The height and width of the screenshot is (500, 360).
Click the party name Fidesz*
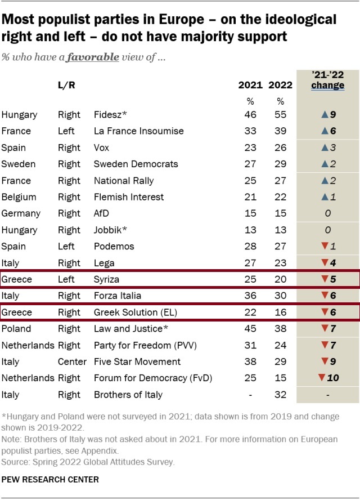tap(111, 115)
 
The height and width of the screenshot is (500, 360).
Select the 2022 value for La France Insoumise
tap(280, 131)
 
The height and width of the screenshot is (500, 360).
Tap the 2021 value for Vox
tap(250, 148)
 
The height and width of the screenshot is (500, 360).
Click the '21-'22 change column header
tap(328, 81)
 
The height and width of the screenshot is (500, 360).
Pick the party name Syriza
tap(107, 279)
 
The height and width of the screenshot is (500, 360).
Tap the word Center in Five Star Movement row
tap(72, 361)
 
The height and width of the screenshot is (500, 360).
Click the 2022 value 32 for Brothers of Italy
tap(280, 395)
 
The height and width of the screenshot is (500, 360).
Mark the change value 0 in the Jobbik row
tap(328, 230)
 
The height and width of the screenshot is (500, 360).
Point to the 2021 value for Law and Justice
tap(250, 329)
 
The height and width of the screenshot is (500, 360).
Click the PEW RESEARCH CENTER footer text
tap(50, 480)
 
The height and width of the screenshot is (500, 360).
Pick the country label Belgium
tap(19, 197)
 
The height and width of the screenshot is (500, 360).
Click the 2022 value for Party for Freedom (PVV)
tap(280, 345)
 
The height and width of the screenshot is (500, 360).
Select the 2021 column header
tap(250, 85)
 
